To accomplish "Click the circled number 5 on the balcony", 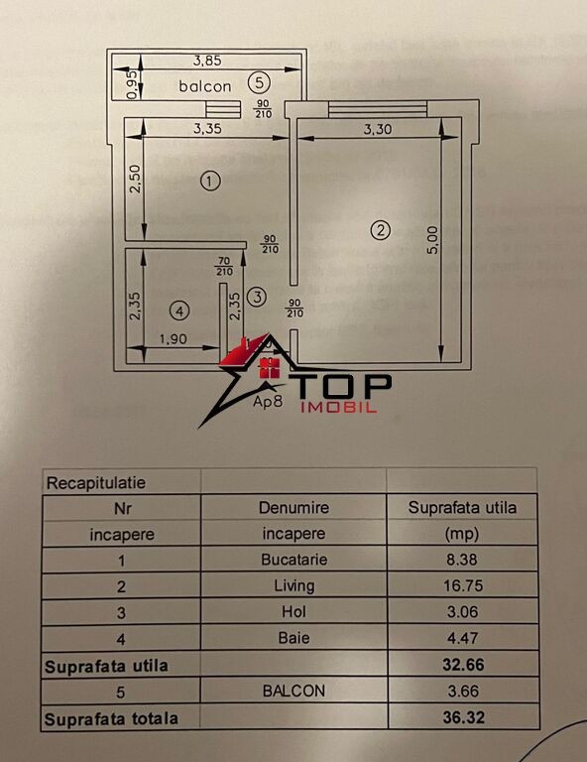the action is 259,82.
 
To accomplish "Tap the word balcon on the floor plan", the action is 205,86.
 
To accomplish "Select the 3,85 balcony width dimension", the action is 207,61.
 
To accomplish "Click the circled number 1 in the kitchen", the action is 210,182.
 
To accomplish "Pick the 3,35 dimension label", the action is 207,128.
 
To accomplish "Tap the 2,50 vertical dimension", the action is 135,179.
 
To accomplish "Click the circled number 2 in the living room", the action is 380,230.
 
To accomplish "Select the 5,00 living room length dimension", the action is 432,239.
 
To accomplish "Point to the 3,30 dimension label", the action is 378,129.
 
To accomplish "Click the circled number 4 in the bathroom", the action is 179,311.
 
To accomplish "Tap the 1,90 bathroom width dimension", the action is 174,338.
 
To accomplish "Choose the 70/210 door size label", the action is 224,266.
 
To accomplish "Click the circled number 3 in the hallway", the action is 257,297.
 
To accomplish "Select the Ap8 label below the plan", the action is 268,402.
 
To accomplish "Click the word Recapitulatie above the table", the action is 95,483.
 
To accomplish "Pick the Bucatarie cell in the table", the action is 294,560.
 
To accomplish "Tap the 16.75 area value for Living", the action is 463,585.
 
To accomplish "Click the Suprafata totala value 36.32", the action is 464,717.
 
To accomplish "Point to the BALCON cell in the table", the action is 293,691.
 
